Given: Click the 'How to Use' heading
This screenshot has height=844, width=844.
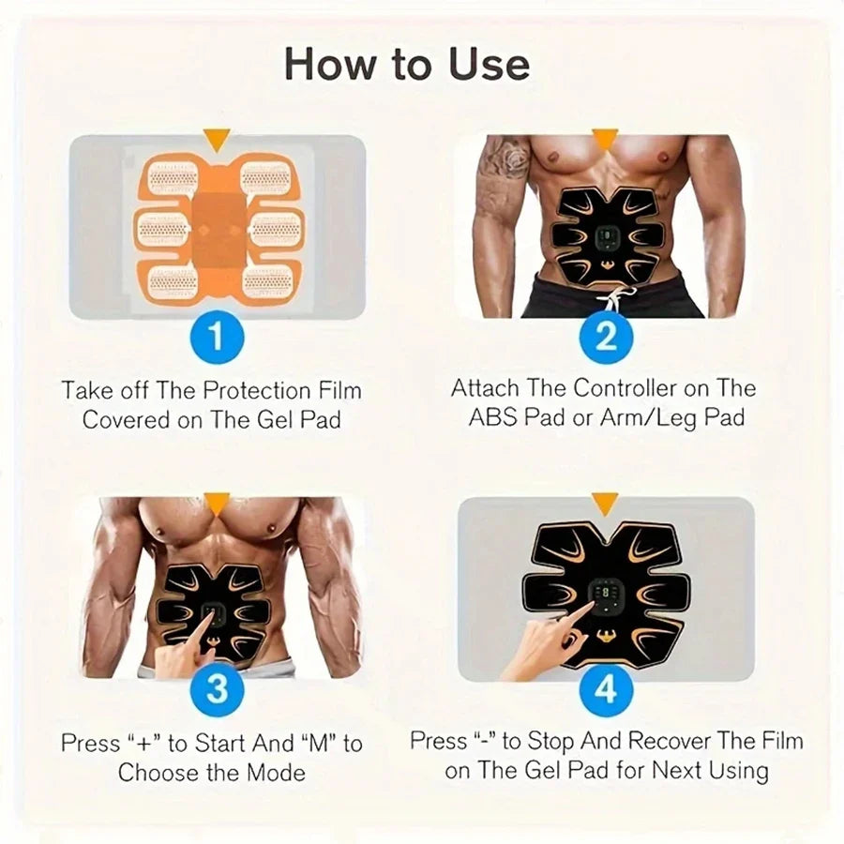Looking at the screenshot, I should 406,64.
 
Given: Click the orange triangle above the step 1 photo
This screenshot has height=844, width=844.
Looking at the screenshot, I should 218,141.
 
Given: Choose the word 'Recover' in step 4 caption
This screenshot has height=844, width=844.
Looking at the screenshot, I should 670,741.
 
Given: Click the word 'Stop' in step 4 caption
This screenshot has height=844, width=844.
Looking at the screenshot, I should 550,741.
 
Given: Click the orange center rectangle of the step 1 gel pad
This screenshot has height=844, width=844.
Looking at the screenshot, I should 217,225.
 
